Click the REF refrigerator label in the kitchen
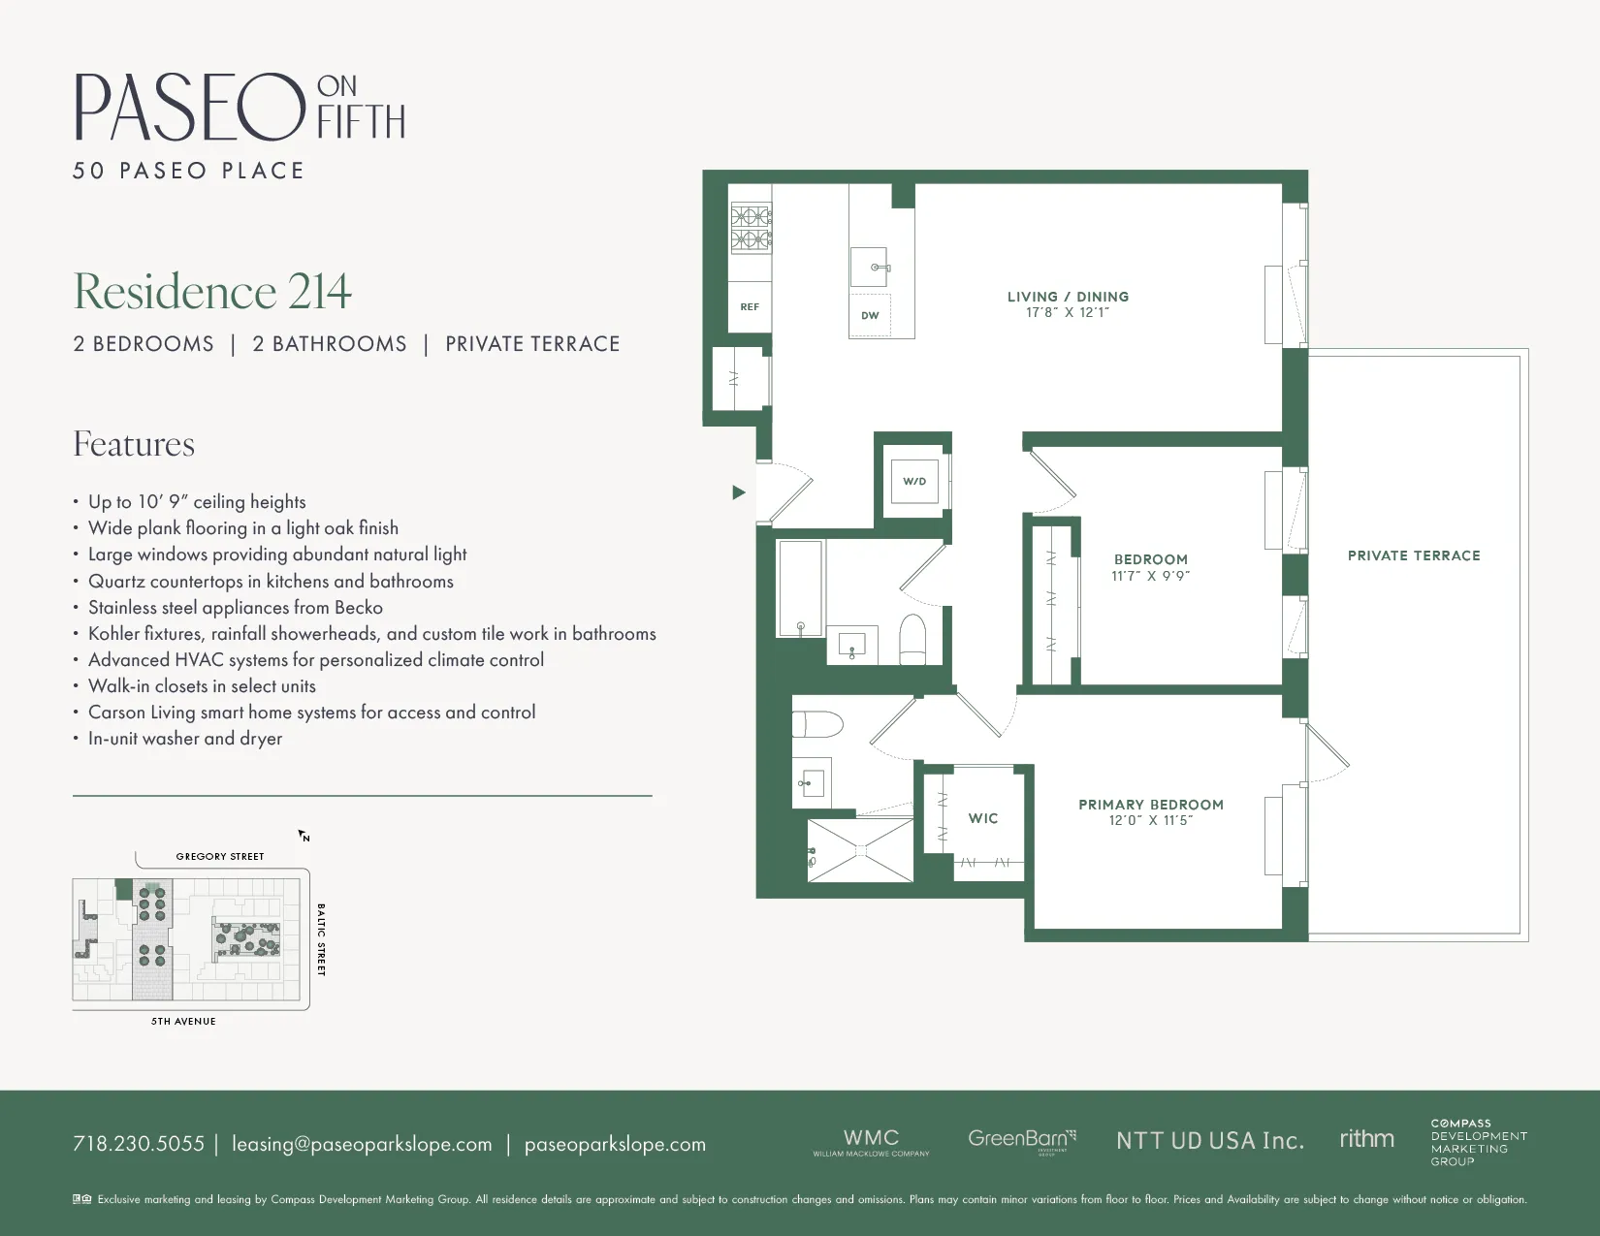click(x=750, y=306)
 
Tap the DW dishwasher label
click(x=870, y=315)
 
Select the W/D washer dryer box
click(x=914, y=481)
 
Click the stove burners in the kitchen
click(x=751, y=228)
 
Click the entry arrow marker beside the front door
click(x=738, y=492)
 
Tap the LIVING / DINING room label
click(x=1068, y=297)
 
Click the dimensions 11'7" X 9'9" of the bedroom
click(x=1151, y=576)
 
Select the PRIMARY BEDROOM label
click(x=1151, y=805)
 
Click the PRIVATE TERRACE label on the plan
click(x=1414, y=555)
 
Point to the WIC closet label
click(x=983, y=818)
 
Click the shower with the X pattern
click(x=860, y=850)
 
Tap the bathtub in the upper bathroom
click(x=800, y=588)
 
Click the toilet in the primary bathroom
click(x=816, y=724)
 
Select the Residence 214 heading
click(x=212, y=291)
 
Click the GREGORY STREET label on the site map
click(x=220, y=856)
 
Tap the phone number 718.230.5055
click(x=139, y=1144)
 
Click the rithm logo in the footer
click(x=1366, y=1139)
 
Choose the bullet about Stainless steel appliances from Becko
click(x=236, y=608)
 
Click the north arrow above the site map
click(x=304, y=836)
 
